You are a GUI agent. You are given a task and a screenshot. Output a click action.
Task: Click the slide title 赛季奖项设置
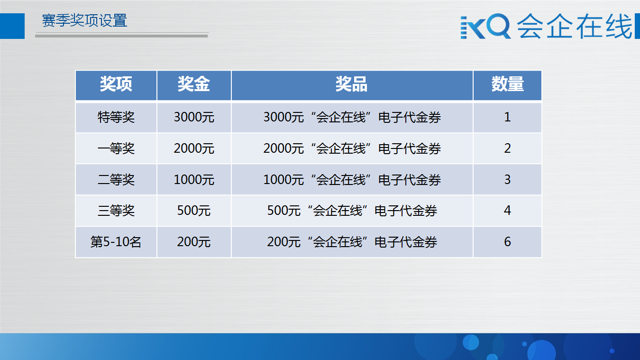click(x=84, y=21)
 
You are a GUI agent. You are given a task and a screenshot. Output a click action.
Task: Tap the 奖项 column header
click(x=116, y=84)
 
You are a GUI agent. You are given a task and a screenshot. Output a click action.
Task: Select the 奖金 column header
click(x=194, y=84)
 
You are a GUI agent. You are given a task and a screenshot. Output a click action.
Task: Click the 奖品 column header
click(x=351, y=84)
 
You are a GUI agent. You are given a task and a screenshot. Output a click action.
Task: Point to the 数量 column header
click(x=507, y=84)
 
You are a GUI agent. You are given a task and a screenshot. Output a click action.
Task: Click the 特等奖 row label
click(x=116, y=117)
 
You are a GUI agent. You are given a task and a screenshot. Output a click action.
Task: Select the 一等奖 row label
click(x=116, y=148)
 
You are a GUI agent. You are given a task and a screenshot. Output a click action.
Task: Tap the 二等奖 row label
click(x=116, y=180)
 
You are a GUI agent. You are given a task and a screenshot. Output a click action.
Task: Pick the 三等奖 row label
click(x=116, y=211)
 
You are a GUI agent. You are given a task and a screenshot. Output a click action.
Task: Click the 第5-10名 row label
click(x=116, y=242)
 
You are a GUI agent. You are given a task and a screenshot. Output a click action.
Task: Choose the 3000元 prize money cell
click(x=194, y=117)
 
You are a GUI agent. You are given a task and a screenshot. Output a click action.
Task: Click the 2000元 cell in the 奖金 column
click(x=194, y=148)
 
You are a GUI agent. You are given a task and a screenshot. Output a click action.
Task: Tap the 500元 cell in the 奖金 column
click(x=194, y=211)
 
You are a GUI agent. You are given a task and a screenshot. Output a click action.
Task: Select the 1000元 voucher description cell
click(x=352, y=180)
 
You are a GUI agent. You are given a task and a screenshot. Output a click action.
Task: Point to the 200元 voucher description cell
click(x=352, y=242)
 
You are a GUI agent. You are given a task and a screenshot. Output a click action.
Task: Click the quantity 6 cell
click(x=507, y=242)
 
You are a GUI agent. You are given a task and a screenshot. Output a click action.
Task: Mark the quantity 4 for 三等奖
click(x=507, y=211)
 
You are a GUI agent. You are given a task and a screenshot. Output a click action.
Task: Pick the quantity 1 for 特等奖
click(x=507, y=117)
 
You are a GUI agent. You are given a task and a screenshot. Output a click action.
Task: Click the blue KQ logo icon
click(x=485, y=26)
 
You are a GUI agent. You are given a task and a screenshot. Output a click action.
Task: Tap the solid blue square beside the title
click(x=12, y=26)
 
